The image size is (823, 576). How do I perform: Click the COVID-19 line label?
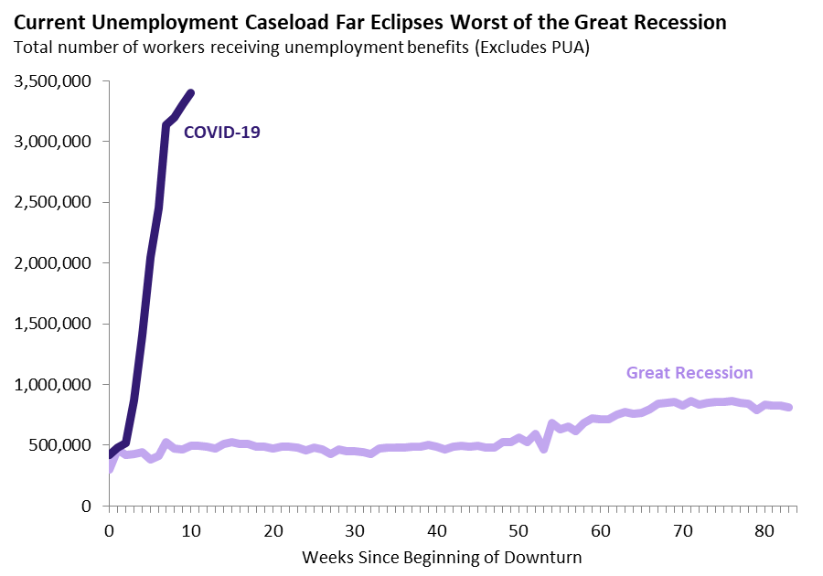tap(222, 133)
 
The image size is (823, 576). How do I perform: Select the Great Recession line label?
tap(689, 373)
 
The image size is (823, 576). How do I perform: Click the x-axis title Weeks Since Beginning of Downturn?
tap(442, 556)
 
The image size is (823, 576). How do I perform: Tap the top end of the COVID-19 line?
tap(190, 92)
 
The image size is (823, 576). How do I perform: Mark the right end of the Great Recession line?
tap(789, 408)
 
